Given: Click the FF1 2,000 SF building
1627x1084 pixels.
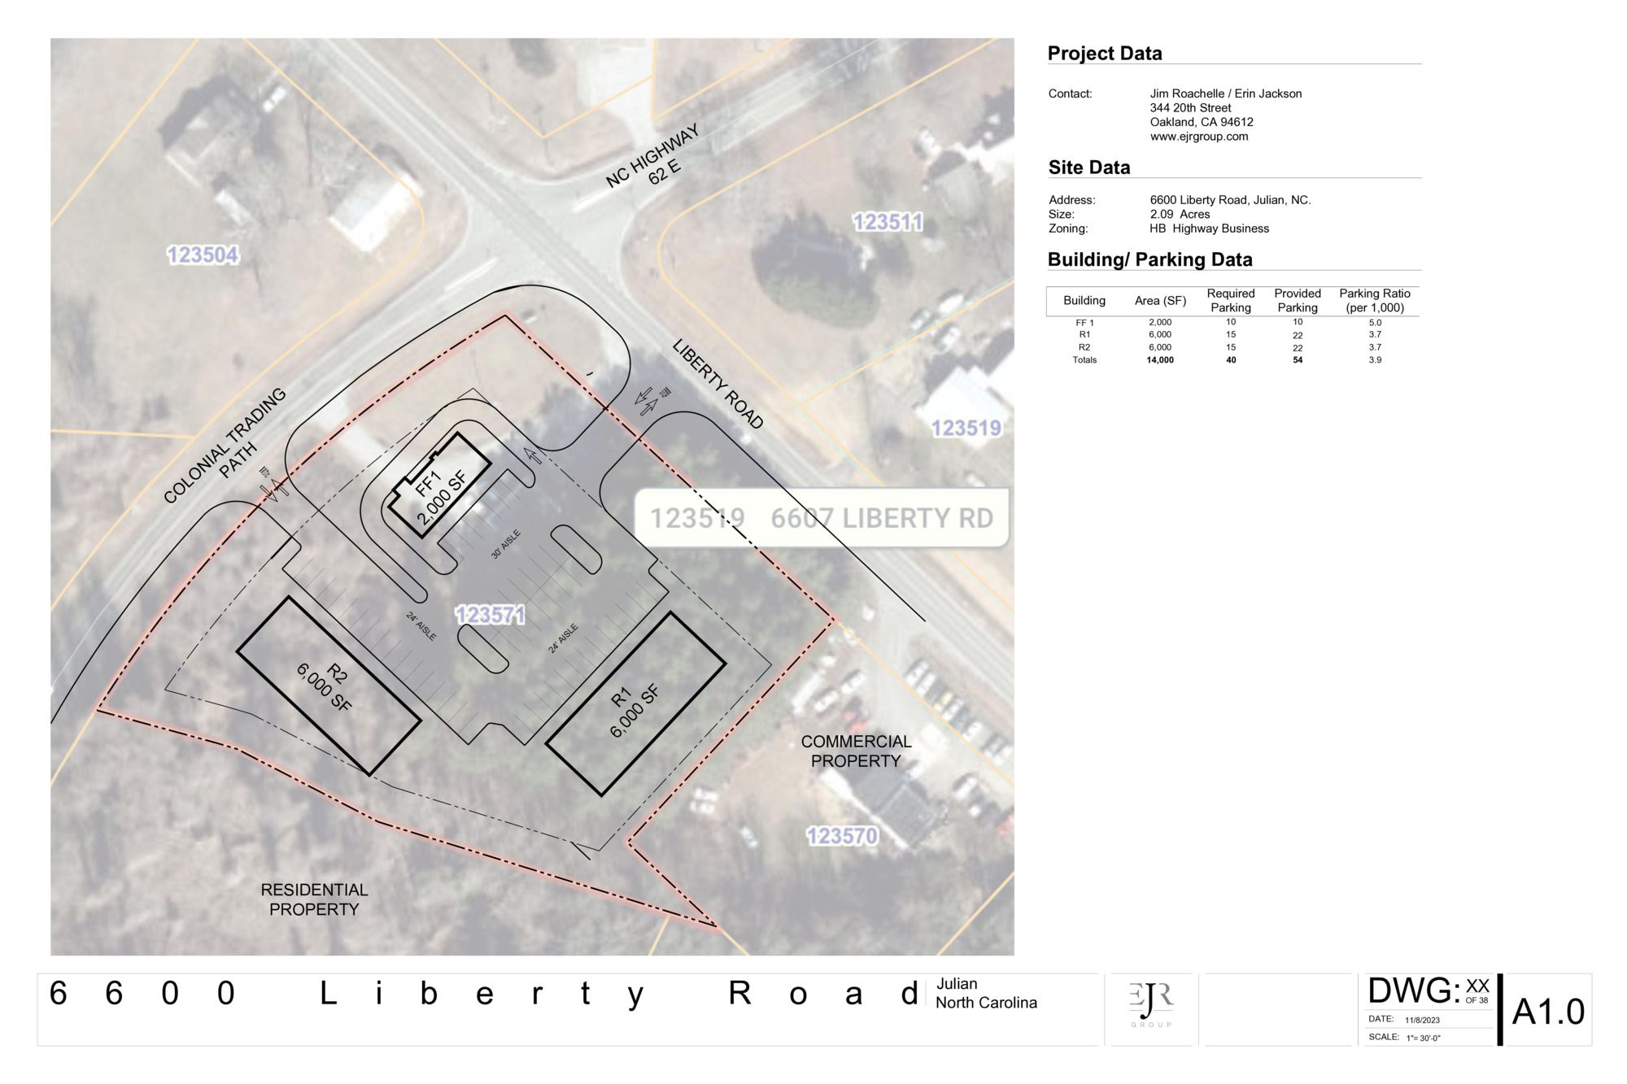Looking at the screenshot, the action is (439, 485).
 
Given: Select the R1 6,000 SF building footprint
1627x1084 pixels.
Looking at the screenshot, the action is (635, 704).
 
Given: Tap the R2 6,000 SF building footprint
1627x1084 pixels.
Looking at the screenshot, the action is (329, 686).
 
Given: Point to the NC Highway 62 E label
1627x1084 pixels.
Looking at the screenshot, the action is (653, 157).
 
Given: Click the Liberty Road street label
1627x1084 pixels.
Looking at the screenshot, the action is (718, 384).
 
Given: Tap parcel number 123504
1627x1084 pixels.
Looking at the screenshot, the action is (203, 255).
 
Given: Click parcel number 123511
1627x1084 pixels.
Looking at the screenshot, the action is (888, 222).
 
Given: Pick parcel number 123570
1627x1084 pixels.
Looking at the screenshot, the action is (842, 836).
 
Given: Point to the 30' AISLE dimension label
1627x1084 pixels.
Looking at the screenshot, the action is (505, 544).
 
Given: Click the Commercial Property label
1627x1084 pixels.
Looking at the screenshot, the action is (856, 751).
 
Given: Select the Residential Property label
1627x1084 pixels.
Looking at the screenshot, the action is (314, 899).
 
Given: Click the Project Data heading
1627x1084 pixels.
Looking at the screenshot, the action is (1105, 54).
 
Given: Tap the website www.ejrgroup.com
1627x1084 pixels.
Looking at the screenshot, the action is (1199, 137).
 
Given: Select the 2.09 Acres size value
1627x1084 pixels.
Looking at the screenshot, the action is (1180, 215).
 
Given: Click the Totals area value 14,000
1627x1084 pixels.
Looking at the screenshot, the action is (1160, 360).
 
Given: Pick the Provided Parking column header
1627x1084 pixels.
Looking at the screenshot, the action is (1298, 300).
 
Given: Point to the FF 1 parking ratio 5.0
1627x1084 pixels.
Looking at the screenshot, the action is (1375, 323).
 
